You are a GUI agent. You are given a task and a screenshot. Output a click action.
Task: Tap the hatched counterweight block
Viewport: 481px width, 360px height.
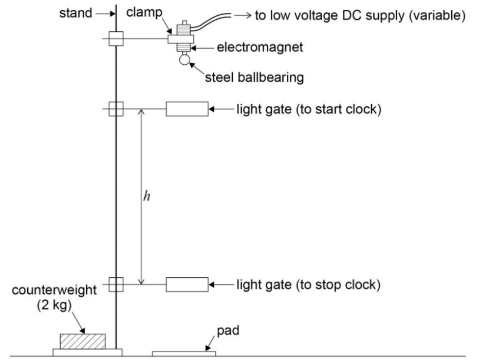click(83, 341)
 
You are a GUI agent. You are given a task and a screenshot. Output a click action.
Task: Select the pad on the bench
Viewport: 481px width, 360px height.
click(183, 353)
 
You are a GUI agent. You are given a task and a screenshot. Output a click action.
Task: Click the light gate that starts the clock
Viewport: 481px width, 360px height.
click(187, 109)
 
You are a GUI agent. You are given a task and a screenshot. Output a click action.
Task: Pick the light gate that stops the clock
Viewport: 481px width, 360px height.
click(187, 284)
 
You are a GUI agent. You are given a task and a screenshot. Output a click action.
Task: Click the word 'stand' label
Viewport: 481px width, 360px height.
click(75, 13)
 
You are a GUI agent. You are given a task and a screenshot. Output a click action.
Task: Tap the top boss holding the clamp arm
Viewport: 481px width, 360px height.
click(115, 39)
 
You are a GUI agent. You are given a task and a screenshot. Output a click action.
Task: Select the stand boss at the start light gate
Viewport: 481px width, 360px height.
click(116, 109)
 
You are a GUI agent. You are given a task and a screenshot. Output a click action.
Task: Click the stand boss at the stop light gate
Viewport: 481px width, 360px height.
click(116, 284)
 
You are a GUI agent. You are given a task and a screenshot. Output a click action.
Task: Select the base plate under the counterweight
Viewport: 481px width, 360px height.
click(87, 352)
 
